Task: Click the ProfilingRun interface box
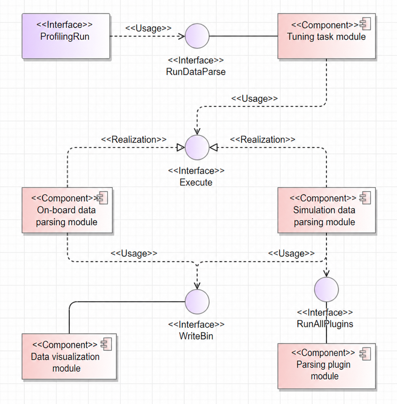click(x=66, y=36)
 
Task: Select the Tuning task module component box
click(x=326, y=36)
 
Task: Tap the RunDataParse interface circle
click(x=197, y=36)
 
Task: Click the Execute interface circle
click(x=197, y=147)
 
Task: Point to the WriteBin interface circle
click(x=197, y=302)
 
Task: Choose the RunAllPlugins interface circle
click(x=326, y=290)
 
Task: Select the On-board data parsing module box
click(x=67, y=210)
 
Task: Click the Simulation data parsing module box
click(x=326, y=210)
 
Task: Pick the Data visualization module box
click(x=69, y=356)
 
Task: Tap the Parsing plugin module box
click(x=326, y=366)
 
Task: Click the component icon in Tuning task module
click(x=365, y=24)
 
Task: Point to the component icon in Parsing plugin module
click(x=365, y=354)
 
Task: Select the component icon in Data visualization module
click(x=106, y=344)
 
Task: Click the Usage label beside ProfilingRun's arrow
click(x=148, y=28)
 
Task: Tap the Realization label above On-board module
click(x=134, y=140)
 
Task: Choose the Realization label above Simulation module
click(x=263, y=140)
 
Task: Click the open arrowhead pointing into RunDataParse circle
click(x=181, y=36)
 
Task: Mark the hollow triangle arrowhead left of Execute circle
click(x=180, y=147)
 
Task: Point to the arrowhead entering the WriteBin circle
click(x=197, y=286)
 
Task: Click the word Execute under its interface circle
click(x=196, y=182)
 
